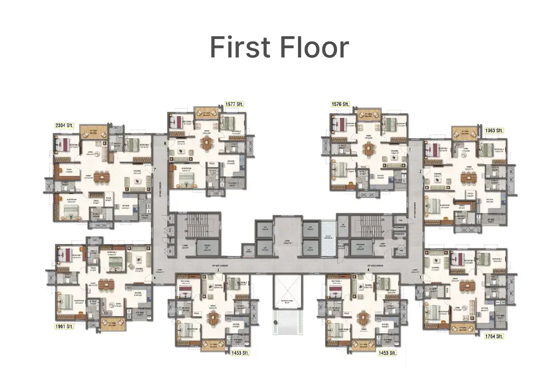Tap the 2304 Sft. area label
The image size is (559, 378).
tap(64, 126)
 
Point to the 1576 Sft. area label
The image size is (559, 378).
tap(340, 104)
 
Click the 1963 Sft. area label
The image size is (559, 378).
tap(494, 130)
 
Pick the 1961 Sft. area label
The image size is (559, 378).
tap(64, 326)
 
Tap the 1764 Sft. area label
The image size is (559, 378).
tap(494, 336)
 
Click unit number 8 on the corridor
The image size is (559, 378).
tap(165, 143)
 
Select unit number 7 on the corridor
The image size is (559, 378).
tap(154, 169)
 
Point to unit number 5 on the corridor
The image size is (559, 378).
tap(219, 270)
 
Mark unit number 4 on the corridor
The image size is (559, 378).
tap(368, 270)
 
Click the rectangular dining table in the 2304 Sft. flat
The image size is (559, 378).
tap(102, 177)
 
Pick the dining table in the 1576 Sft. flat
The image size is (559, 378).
tap(368, 149)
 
